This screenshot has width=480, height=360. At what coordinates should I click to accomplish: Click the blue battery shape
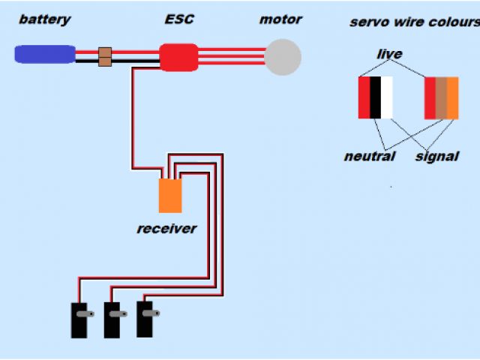pyautogui.click(x=45, y=54)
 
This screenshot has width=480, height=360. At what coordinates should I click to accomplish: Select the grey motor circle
pyautogui.click(x=283, y=57)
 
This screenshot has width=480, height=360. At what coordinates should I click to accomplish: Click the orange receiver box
pyautogui.click(x=169, y=195)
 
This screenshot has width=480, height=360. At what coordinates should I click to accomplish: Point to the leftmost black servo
pyautogui.click(x=79, y=319)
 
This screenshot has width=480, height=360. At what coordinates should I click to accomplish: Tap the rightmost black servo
pyautogui.click(x=145, y=319)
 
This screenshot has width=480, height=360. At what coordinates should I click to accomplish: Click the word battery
pyautogui.click(x=45, y=19)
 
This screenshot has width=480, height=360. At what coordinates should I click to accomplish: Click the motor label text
pyautogui.click(x=280, y=19)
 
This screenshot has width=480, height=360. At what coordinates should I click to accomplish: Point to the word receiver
pyautogui.click(x=166, y=228)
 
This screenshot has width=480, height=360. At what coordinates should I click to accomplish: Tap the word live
pyautogui.click(x=389, y=54)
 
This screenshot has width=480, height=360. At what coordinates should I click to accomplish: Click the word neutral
pyautogui.click(x=369, y=157)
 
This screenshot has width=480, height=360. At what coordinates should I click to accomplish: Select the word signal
pyautogui.click(x=436, y=157)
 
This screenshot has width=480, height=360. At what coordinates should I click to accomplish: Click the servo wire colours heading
pyautogui.click(x=414, y=22)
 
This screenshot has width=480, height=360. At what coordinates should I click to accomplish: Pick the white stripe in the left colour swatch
pyautogui.click(x=386, y=97)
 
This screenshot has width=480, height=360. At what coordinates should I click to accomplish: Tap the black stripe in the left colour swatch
pyautogui.click(x=375, y=97)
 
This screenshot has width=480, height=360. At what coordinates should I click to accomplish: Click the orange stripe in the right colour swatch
pyautogui.click(x=452, y=97)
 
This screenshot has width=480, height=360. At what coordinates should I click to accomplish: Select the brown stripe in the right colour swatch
pyautogui.click(x=441, y=97)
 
